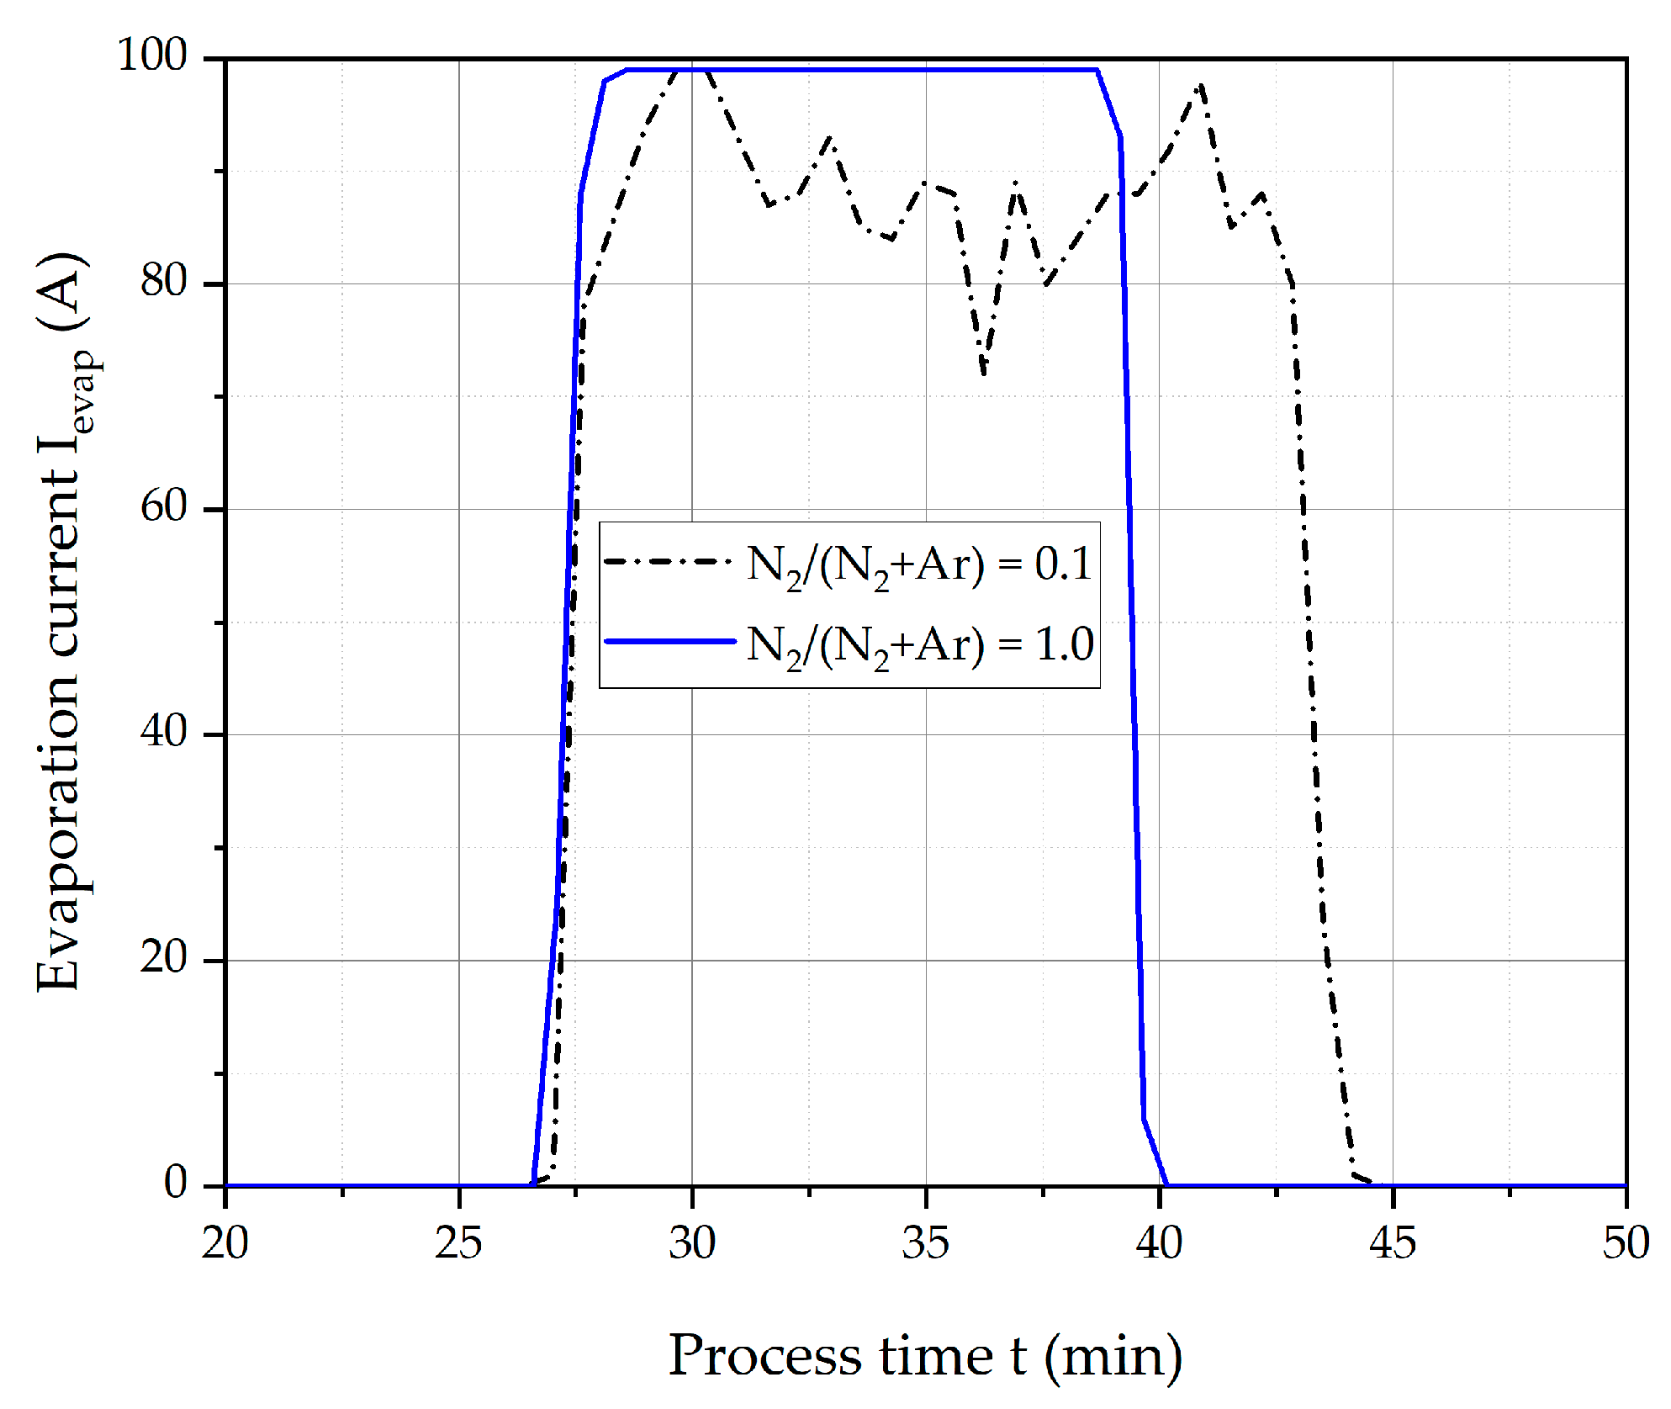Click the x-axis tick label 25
pyautogui.click(x=458, y=1243)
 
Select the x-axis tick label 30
pyautogui.click(x=692, y=1243)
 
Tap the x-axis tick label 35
pyautogui.click(x=925, y=1243)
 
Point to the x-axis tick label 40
pyautogui.click(x=1159, y=1243)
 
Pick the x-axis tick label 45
pyautogui.click(x=1393, y=1243)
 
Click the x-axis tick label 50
pyautogui.click(x=1626, y=1243)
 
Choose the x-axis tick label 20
pyautogui.click(x=225, y=1243)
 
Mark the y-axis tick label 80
pyautogui.click(x=164, y=281)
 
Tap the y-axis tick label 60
pyautogui.click(x=164, y=506)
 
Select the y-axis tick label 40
pyautogui.click(x=164, y=732)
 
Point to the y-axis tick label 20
pyautogui.click(x=164, y=957)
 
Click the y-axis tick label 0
pyautogui.click(x=176, y=1183)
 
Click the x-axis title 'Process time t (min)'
pyautogui.click(x=925, y=1356)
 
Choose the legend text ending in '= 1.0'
pyautogui.click(x=920, y=646)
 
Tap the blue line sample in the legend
pyautogui.click(x=670, y=641)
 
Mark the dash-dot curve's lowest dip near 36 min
pyautogui.click(x=984, y=373)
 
